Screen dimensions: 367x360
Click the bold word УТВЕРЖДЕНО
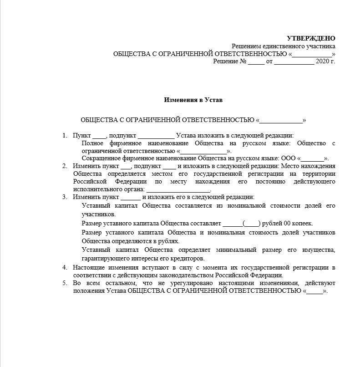[311, 39]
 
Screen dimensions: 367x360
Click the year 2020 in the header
[322, 61]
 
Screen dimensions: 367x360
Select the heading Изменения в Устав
[193, 99]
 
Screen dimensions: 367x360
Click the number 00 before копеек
[286, 224]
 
